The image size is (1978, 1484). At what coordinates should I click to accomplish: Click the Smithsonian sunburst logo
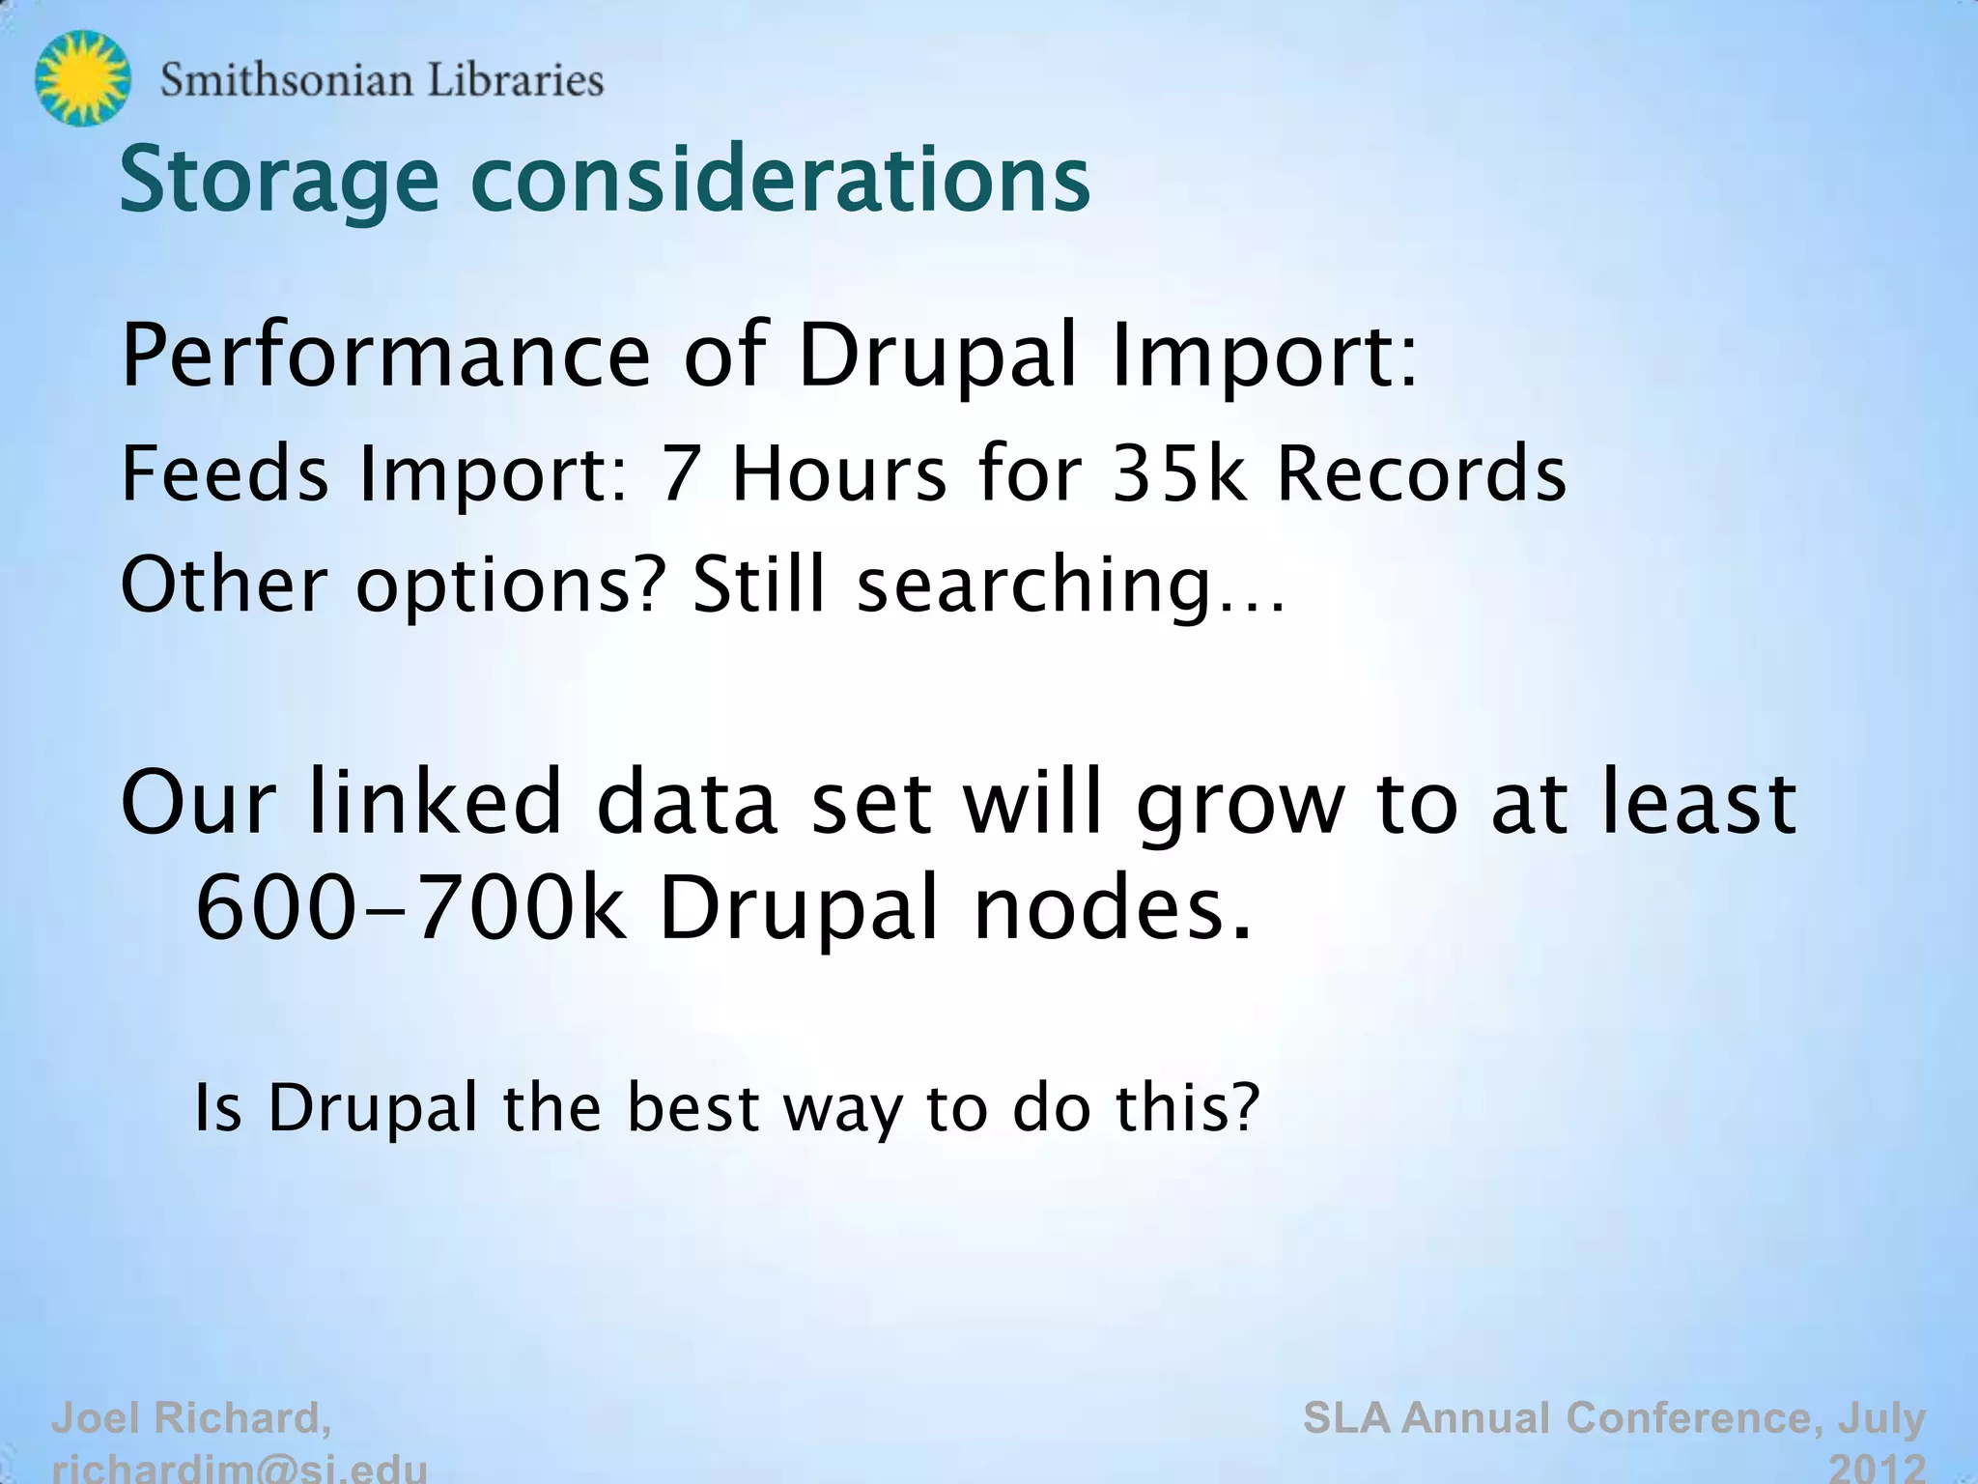click(82, 77)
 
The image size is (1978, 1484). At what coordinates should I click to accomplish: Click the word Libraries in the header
click(516, 80)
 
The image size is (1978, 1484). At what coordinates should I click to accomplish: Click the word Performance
click(386, 355)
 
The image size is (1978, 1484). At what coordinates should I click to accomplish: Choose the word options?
click(512, 585)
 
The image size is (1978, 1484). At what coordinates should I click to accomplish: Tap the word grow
click(1240, 804)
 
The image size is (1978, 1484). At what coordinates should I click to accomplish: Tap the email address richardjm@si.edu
click(240, 1470)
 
